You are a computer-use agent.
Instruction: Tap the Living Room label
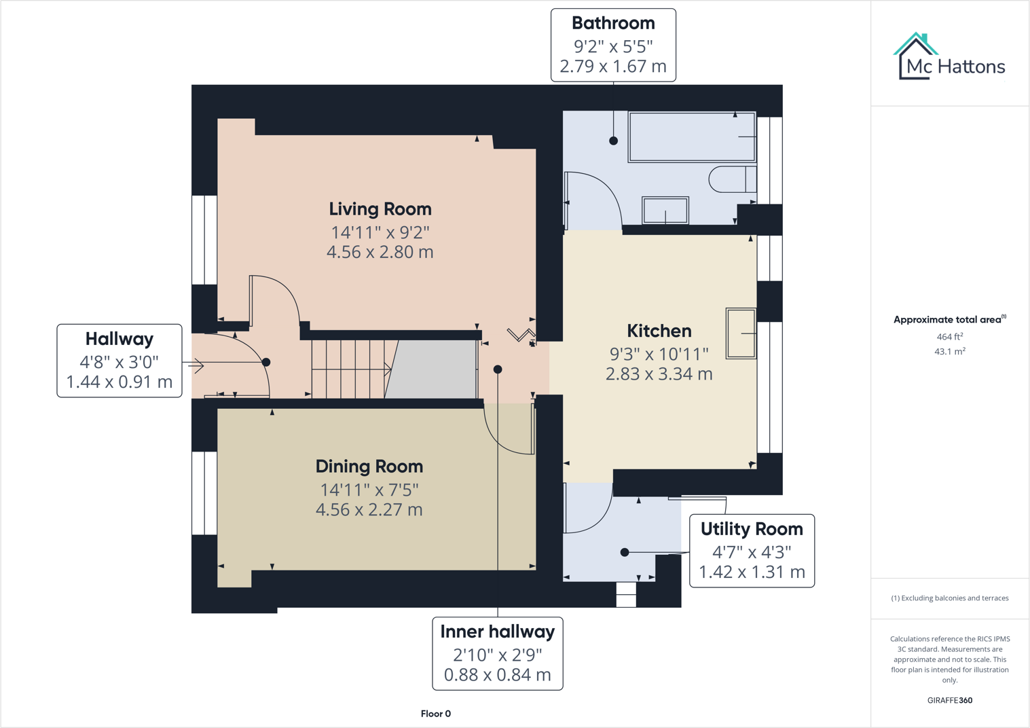380,209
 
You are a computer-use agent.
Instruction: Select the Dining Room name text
369,467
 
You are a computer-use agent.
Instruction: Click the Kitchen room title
659,331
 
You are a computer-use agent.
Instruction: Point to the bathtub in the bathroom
691,137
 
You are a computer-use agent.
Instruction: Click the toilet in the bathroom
732,179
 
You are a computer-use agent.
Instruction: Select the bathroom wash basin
665,210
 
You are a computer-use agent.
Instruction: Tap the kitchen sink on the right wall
741,333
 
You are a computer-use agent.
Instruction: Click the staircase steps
350,369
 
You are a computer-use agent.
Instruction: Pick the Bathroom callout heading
613,23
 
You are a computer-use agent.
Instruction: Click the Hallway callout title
119,339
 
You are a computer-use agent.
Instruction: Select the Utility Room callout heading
752,529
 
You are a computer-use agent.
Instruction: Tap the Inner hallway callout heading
497,632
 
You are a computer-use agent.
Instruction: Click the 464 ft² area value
949,337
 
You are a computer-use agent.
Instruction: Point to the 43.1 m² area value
949,352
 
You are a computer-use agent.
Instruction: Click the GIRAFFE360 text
949,700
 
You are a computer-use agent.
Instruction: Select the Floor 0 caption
435,714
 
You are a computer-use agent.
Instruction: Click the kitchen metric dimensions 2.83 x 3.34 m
659,374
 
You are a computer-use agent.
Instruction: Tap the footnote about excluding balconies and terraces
949,598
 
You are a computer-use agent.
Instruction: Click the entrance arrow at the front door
197,366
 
